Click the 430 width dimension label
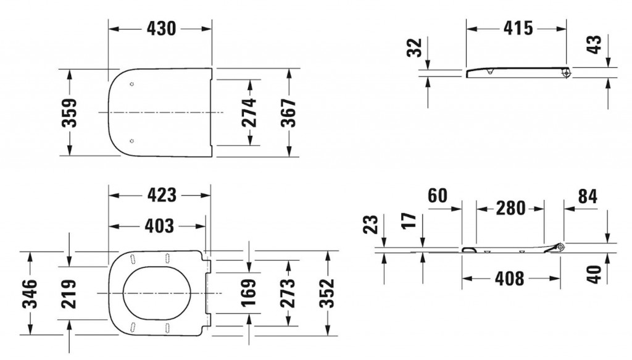pyautogui.click(x=160, y=28)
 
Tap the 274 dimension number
pyautogui.click(x=249, y=112)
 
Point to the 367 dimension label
pyautogui.click(x=289, y=112)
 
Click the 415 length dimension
pyautogui.click(x=516, y=28)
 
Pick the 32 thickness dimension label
pyautogui.click(x=416, y=47)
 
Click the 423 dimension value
pyautogui.click(x=160, y=195)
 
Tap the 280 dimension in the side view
pyautogui.click(x=510, y=207)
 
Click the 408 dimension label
pyautogui.click(x=510, y=279)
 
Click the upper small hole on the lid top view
pyautogui.click(x=133, y=84)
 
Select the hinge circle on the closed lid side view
pyautogui.click(x=565, y=73)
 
